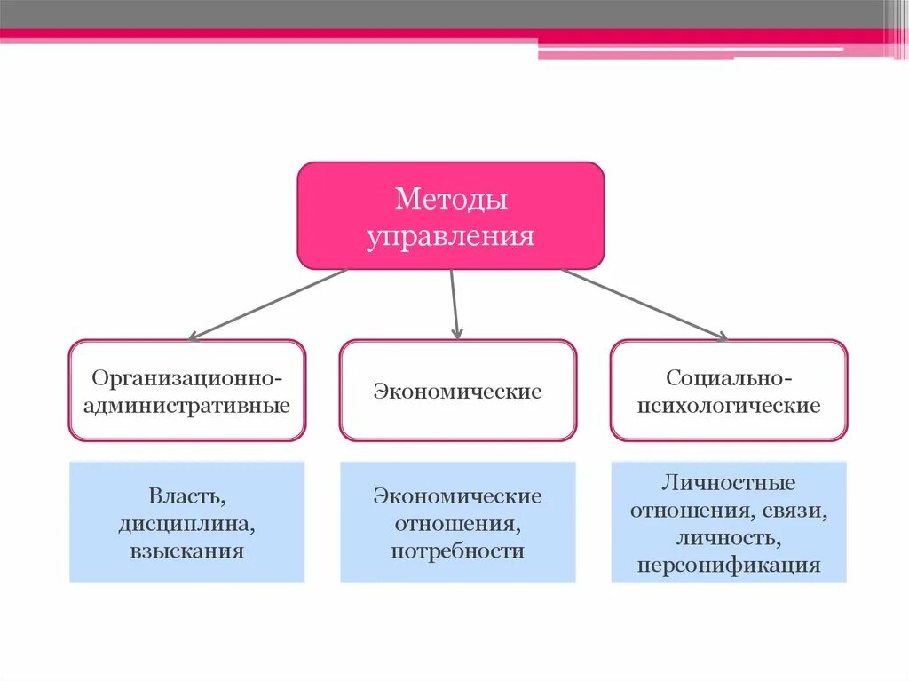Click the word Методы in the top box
(451, 199)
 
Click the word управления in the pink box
(451, 236)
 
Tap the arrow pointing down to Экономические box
(454, 304)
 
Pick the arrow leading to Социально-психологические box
(644, 304)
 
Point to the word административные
(187, 407)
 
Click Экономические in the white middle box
(457, 392)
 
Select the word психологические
(729, 407)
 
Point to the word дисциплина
(187, 524)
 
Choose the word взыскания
(187, 551)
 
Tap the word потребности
(457, 551)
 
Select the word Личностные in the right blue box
(729, 484)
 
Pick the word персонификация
(729, 566)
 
